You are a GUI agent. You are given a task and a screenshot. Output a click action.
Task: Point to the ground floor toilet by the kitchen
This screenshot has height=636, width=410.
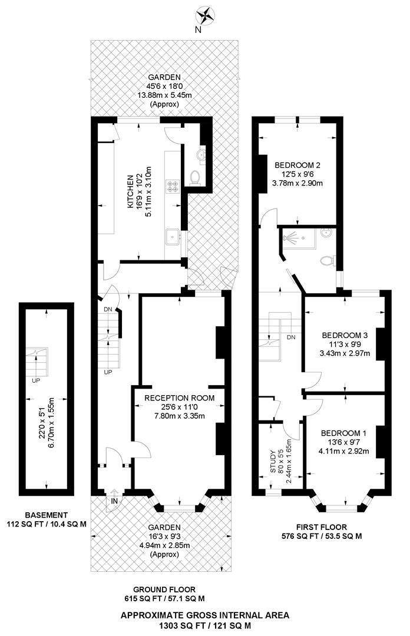point(197,175)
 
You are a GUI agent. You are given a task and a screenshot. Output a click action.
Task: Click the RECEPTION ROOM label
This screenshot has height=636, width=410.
point(180,397)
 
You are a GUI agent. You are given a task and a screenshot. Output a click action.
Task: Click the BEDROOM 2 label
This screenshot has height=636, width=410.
point(297,165)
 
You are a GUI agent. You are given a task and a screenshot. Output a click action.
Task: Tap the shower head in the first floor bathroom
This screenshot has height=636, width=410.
point(289,238)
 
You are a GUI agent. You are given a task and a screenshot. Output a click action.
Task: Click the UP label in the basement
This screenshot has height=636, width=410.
point(37,380)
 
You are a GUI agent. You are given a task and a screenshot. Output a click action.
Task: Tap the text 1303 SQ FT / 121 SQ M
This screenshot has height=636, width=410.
point(205,625)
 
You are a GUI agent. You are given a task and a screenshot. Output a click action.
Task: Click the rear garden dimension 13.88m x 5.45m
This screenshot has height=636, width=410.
point(164,95)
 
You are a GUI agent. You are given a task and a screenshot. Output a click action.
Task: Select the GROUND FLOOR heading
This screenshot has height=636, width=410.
point(164,589)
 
